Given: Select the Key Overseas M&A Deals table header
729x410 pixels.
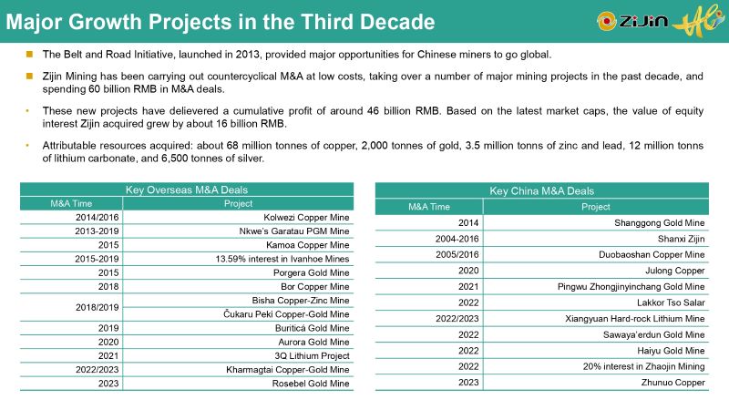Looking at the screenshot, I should (x=186, y=190).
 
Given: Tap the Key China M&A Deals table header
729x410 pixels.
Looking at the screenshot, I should (x=541, y=190).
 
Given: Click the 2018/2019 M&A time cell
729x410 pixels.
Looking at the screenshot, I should (x=70, y=307).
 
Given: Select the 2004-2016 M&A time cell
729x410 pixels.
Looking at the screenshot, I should (x=429, y=239).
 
